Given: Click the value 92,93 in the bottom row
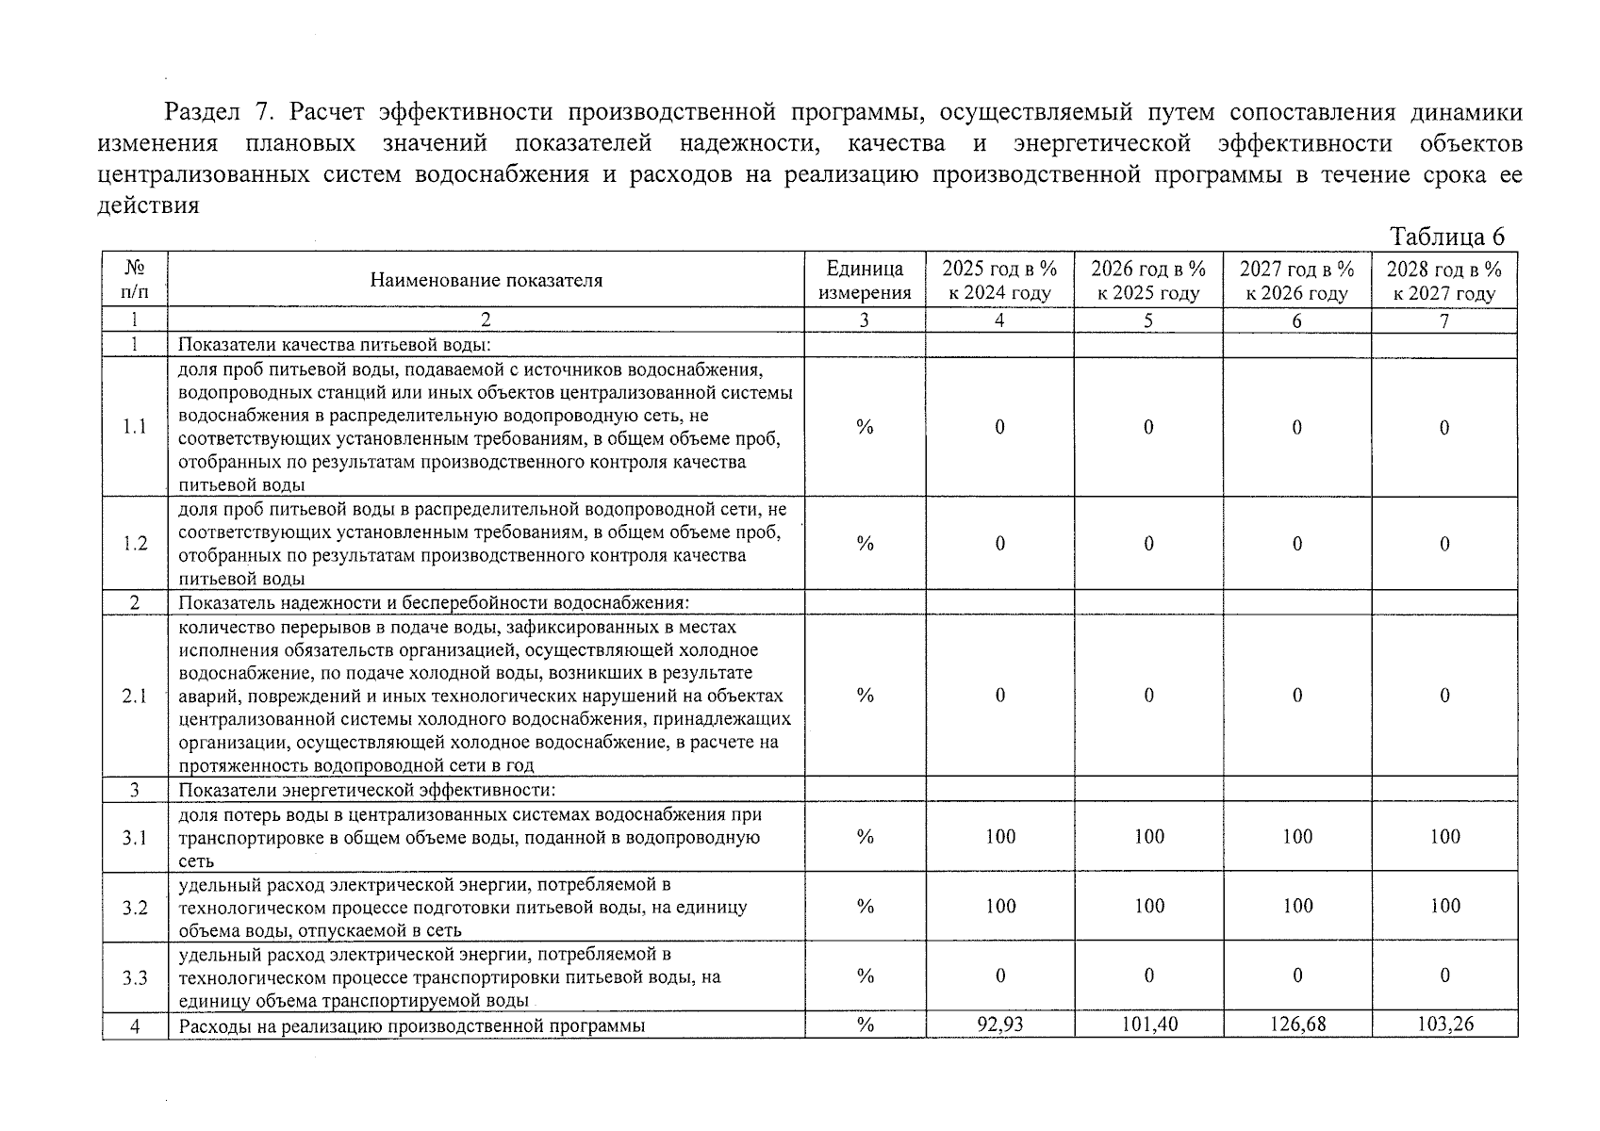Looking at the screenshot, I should click(999, 1024).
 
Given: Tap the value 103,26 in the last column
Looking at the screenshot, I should click(1444, 1024).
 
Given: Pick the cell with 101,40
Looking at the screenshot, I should click(1148, 1024).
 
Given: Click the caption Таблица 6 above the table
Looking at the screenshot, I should click(1446, 236).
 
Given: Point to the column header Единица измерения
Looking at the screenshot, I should click(864, 280).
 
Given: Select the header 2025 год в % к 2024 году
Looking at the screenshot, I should click(999, 280).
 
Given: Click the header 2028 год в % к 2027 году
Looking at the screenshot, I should click(1444, 280).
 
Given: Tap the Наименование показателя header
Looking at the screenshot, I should click(486, 280).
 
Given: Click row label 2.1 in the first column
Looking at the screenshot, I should click(135, 697).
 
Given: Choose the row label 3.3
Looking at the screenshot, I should click(135, 976).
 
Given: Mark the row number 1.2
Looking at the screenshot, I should click(135, 544).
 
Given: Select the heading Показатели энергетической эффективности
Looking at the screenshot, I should click(367, 790).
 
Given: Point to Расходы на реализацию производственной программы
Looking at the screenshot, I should click(411, 1026).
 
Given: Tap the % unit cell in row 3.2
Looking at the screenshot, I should click(865, 907).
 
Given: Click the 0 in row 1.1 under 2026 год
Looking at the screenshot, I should click(1148, 428).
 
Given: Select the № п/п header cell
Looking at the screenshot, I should click(135, 280).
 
